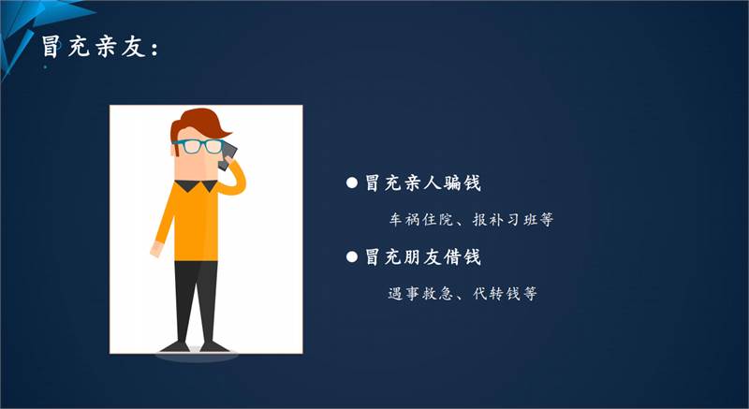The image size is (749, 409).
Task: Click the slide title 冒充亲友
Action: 93,47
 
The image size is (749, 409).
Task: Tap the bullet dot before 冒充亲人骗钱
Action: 352,183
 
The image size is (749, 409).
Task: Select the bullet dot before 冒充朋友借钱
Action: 352,257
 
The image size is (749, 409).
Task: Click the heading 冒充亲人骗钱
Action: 423,183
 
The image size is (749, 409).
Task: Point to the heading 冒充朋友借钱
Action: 423,257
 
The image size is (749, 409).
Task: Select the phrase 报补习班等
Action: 512,220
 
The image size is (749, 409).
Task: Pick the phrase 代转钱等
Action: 505,294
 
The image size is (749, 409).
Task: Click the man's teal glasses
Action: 198,146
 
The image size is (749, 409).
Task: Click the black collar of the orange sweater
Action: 196,185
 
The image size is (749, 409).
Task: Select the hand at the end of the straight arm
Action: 156,249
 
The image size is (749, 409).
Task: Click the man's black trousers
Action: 196,301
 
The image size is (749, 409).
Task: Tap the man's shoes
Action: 196,347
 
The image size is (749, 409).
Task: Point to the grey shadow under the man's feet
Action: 197,356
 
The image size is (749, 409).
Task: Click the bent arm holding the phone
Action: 231,179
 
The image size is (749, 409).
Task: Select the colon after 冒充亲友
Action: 154,50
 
